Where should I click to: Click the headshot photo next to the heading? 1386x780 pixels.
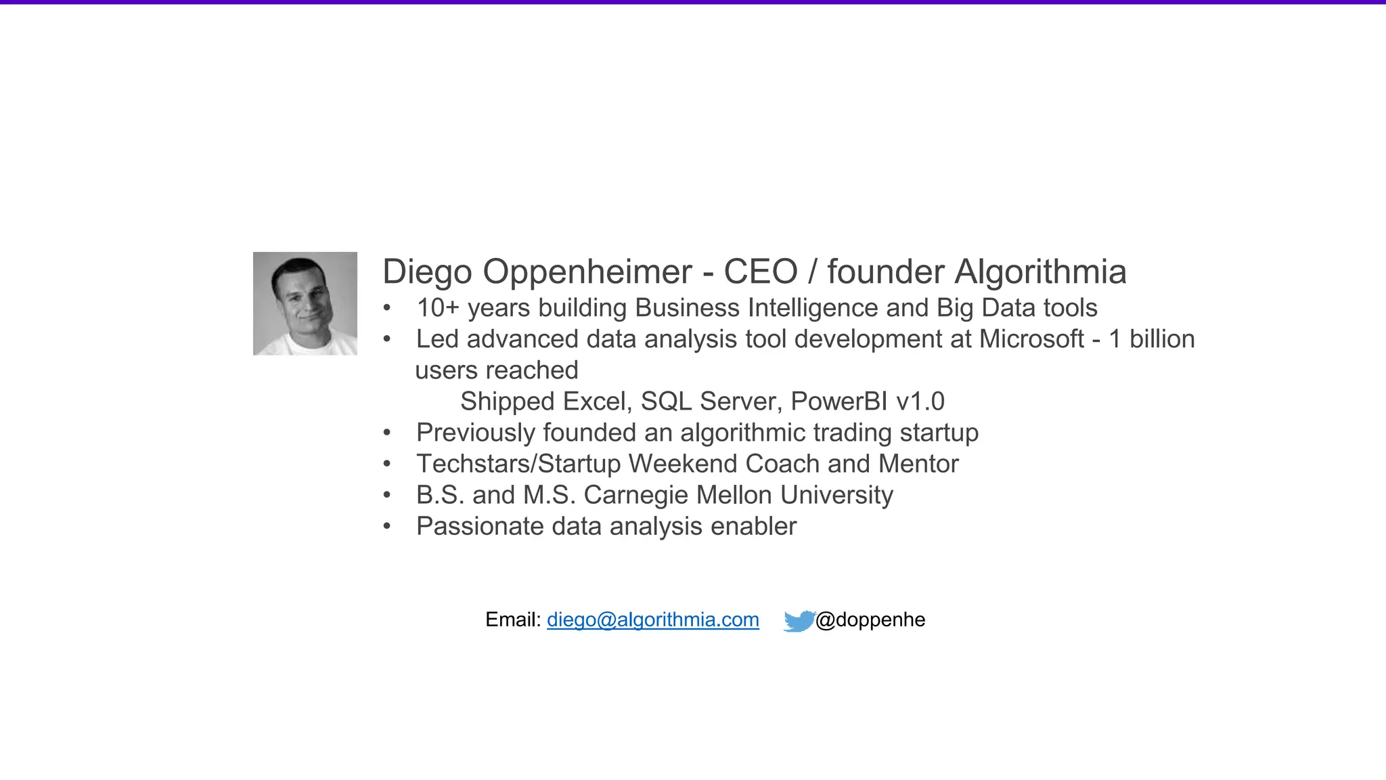click(x=305, y=303)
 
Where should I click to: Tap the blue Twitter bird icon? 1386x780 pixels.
click(x=799, y=620)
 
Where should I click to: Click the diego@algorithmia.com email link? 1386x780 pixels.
click(x=652, y=620)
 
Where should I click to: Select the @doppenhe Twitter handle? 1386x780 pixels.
click(x=870, y=620)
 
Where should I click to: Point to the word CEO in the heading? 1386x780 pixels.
click(x=761, y=272)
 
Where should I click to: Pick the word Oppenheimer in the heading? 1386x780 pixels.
click(x=587, y=272)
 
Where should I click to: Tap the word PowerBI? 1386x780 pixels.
click(x=839, y=402)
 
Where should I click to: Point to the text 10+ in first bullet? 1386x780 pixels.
click(x=438, y=308)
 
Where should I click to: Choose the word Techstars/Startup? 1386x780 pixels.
click(x=518, y=464)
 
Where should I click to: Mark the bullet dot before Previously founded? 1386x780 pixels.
click(x=387, y=433)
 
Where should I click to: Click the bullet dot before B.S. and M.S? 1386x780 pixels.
click(x=387, y=495)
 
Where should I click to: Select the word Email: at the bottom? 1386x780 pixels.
click(x=513, y=620)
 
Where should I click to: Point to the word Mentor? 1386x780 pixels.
click(x=918, y=464)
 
